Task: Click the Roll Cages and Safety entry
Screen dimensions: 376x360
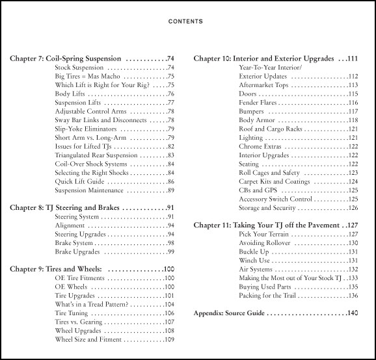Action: [269, 173]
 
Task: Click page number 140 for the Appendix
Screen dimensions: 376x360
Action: [352, 313]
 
